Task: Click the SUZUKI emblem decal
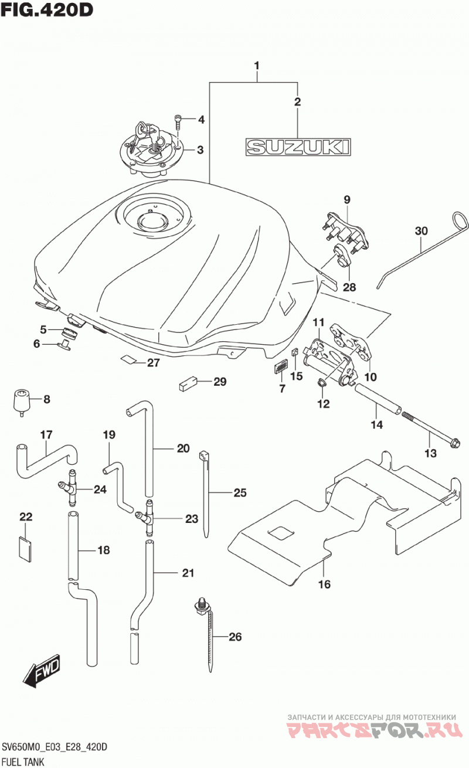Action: [x=298, y=147]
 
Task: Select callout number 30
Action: [x=421, y=231]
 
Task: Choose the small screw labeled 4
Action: [x=177, y=122]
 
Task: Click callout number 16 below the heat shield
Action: [x=324, y=583]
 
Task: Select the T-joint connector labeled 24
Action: [x=70, y=487]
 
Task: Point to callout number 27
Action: [x=153, y=362]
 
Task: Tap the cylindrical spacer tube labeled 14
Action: [x=378, y=399]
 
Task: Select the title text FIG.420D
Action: [x=47, y=10]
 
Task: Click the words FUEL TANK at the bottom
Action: [x=23, y=762]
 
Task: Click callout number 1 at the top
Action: [x=256, y=66]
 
